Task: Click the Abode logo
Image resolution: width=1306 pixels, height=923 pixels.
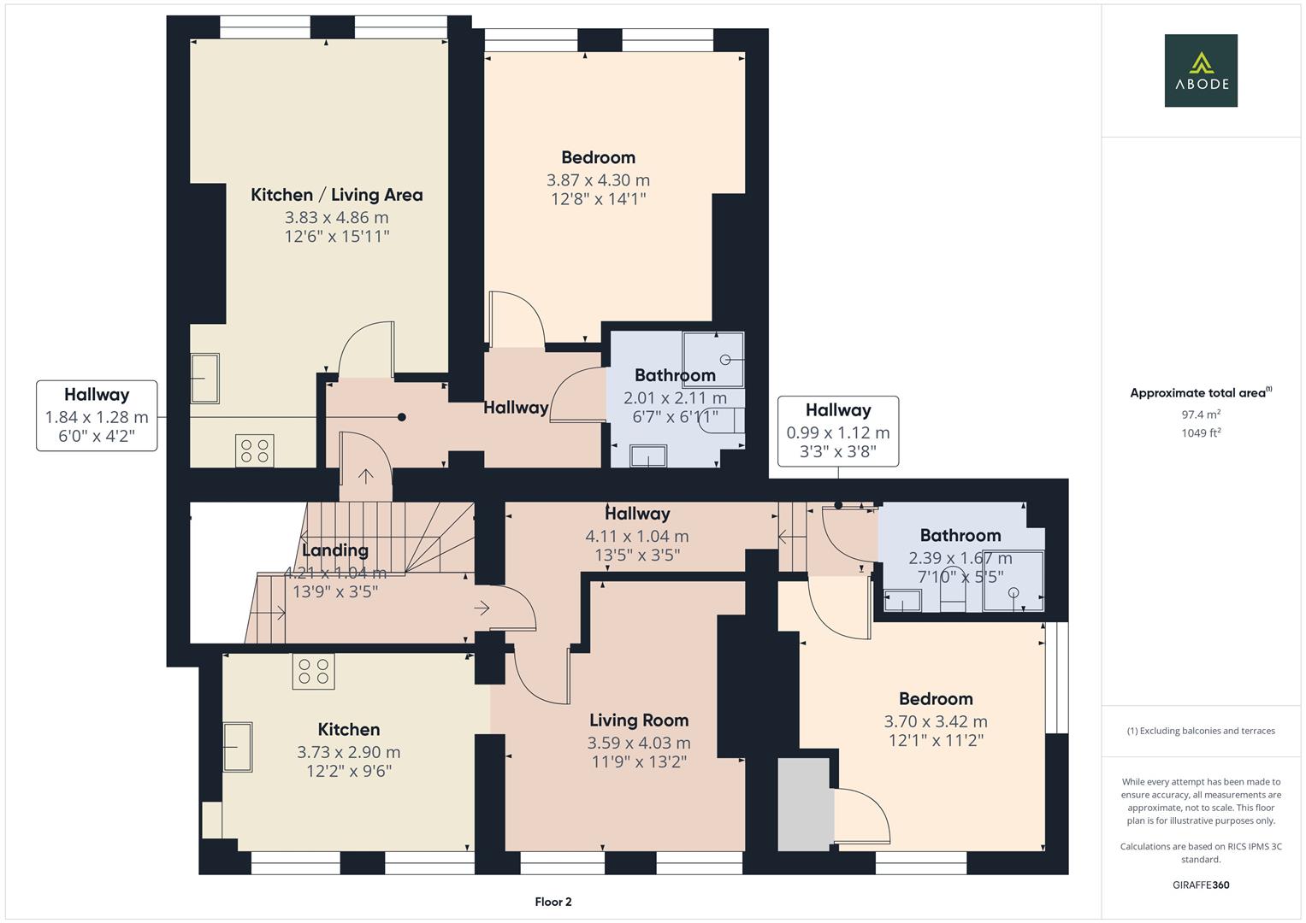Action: pyautogui.click(x=1201, y=70)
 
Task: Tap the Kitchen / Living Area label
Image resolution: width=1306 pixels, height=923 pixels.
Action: pyautogui.click(x=336, y=195)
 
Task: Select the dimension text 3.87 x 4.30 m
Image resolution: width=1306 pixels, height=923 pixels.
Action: pyautogui.click(x=598, y=180)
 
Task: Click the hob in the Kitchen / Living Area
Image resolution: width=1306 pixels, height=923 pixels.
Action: pyautogui.click(x=255, y=450)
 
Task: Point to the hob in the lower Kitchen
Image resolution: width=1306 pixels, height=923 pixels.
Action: pyautogui.click(x=313, y=671)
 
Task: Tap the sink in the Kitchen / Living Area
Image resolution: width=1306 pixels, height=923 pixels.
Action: pyautogui.click(x=204, y=378)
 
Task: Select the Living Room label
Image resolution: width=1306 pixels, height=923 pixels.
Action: pyautogui.click(x=639, y=720)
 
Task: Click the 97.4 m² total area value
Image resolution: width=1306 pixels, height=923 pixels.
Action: pyautogui.click(x=1201, y=414)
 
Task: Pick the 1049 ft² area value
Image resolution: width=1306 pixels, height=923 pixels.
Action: pyautogui.click(x=1201, y=433)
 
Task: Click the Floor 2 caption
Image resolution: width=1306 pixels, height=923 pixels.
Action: pyautogui.click(x=553, y=902)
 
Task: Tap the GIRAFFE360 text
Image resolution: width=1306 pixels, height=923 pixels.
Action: pyautogui.click(x=1201, y=885)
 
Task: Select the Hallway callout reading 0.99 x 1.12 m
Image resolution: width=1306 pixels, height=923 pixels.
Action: pyautogui.click(x=838, y=432)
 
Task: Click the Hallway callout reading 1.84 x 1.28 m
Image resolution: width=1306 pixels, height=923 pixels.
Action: pyautogui.click(x=97, y=415)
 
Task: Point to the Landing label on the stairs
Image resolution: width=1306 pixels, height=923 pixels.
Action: pyautogui.click(x=335, y=550)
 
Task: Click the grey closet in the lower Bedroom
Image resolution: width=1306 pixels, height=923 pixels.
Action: pyautogui.click(x=804, y=804)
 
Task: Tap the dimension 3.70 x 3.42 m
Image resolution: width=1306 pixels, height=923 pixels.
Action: pyautogui.click(x=936, y=721)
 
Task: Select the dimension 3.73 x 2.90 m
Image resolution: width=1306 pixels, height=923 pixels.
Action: pyautogui.click(x=349, y=752)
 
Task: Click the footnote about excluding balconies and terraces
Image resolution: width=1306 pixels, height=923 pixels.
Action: pyautogui.click(x=1201, y=731)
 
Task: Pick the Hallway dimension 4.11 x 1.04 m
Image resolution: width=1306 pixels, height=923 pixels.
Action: pyautogui.click(x=637, y=536)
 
